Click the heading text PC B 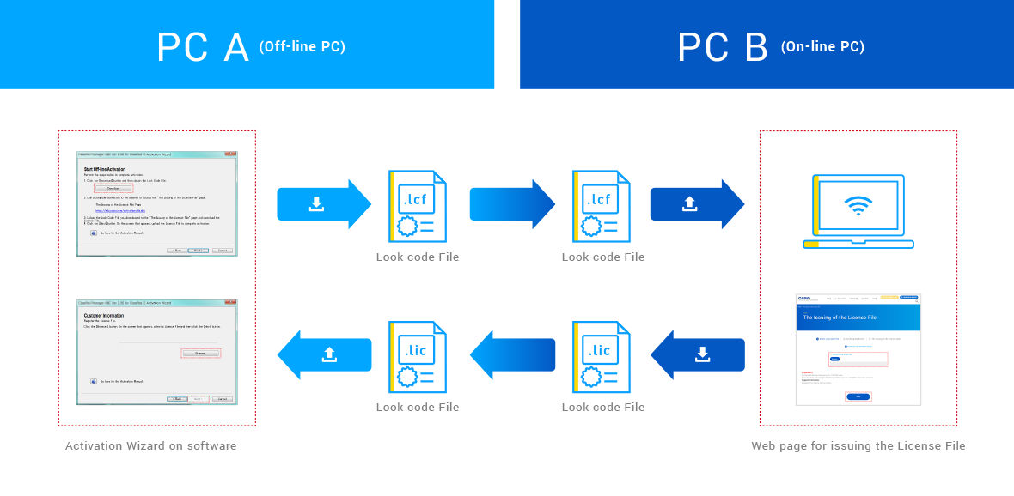coord(723,47)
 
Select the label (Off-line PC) coord(302,47)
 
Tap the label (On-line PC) coord(822,47)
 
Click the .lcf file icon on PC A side coord(417,205)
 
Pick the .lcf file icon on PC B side coord(602,205)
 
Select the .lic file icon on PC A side coord(417,355)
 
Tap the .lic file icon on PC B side coord(602,355)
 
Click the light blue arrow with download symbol coord(323,204)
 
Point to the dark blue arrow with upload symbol coord(696,204)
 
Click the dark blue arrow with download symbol coord(697,354)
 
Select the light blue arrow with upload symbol coord(324,354)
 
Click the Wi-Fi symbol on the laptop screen coord(857,205)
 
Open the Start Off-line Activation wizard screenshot coord(156,204)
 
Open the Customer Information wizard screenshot coord(156,352)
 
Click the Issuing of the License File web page coord(858,349)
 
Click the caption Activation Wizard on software coord(150,446)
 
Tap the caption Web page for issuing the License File coord(858,446)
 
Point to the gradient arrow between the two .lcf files coord(512,204)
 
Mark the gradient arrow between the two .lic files coord(512,354)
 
